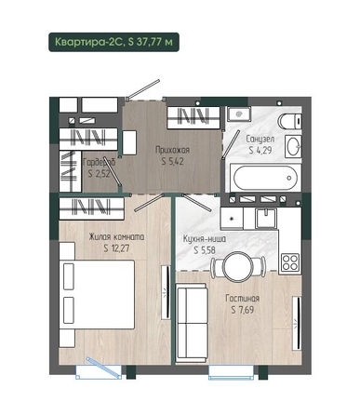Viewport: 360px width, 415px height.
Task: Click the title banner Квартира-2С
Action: coord(113,42)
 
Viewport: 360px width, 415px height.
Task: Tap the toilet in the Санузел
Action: coord(290,121)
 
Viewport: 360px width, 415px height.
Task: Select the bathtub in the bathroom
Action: coord(265,178)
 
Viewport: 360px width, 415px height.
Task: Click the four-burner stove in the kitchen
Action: coord(290,262)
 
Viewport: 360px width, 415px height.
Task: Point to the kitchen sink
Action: coord(266,218)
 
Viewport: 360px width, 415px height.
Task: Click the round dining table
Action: coord(238,266)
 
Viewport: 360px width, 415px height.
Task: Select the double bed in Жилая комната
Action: coord(97,294)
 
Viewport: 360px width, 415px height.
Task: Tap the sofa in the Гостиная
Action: coord(192,323)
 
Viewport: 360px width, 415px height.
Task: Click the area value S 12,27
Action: coord(116,248)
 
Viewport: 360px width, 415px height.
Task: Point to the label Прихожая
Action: coord(172,151)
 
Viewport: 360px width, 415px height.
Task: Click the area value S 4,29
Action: coord(260,151)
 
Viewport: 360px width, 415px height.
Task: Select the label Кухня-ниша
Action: coord(205,239)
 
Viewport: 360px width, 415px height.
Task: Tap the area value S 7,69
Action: coord(243,310)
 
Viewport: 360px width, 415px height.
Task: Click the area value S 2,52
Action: coord(99,174)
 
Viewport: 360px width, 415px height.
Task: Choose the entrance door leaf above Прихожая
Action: coord(144,88)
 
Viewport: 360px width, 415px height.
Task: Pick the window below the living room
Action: coord(231,372)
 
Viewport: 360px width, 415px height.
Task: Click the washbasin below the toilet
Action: coord(293,146)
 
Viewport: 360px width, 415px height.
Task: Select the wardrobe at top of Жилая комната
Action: coord(92,208)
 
